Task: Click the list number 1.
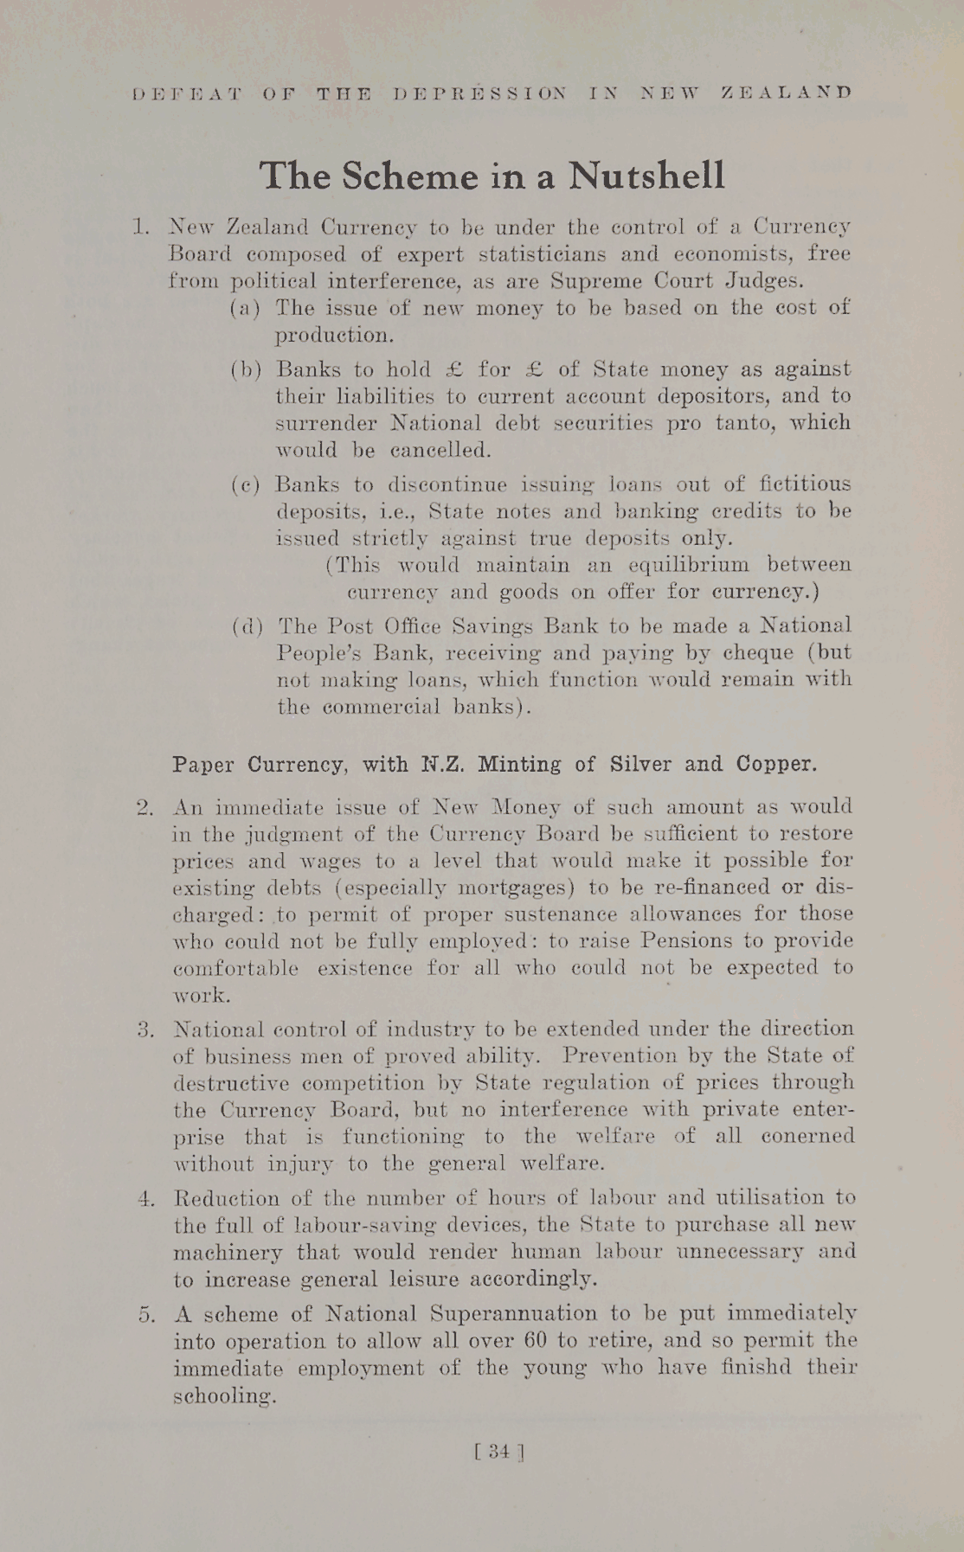[141, 228]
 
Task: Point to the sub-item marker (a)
[244, 308]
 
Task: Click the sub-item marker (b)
[245, 370]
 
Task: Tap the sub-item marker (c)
[245, 485]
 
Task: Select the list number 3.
[145, 1030]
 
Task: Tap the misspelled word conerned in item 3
[807, 1136]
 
